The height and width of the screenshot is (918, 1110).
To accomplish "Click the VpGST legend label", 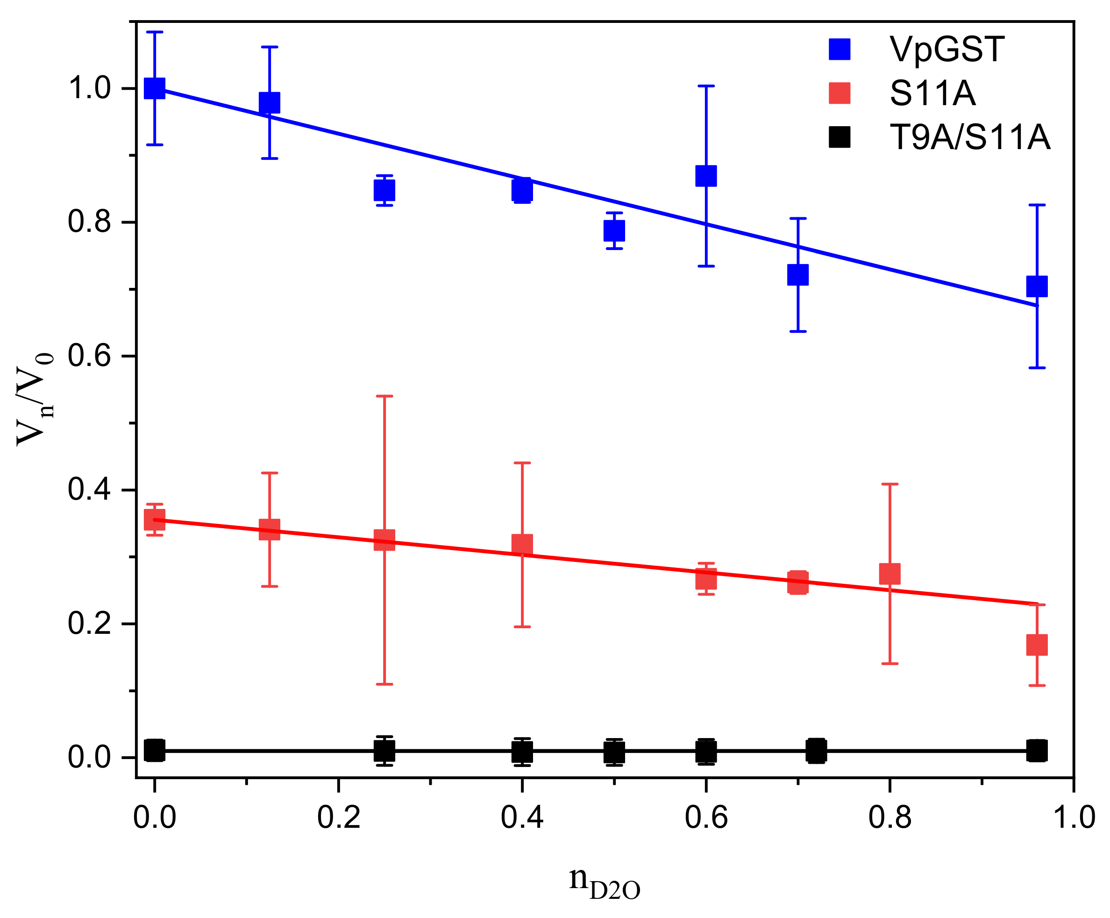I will pos(946,50).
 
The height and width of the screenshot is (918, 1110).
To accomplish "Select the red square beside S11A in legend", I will pos(840,93).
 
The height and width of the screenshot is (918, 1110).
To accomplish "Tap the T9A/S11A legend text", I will pos(969,137).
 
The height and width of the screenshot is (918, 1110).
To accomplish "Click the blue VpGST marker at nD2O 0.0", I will pos(154,88).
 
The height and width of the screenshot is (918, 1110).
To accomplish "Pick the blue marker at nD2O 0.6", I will pos(705,176).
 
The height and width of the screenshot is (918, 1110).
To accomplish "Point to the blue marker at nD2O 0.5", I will pos(614,230).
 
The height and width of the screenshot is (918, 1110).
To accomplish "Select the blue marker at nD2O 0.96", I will pos(1037,286).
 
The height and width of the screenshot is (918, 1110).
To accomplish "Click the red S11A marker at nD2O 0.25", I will pos(384,540).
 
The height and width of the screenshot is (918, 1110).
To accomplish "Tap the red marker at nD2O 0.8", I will pos(889,574).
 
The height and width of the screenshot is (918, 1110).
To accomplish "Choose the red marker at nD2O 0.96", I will pos(1037,645).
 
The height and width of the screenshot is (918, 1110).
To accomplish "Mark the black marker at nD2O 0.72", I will pos(816,750).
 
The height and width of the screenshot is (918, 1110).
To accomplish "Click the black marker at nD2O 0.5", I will pos(614,752).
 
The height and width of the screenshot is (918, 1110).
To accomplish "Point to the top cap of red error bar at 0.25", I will pos(384,395).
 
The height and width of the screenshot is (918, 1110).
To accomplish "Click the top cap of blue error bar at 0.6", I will pos(705,86).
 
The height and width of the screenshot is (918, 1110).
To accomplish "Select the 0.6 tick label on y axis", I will pos(89,356).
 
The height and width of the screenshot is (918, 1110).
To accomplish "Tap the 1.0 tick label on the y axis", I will pos(89,88).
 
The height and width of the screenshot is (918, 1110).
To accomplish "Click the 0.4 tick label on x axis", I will pos(522,818).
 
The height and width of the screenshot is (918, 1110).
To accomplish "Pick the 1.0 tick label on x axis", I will pos(1074,818).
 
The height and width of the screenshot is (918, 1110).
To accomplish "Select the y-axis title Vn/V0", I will pos(35,399).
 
